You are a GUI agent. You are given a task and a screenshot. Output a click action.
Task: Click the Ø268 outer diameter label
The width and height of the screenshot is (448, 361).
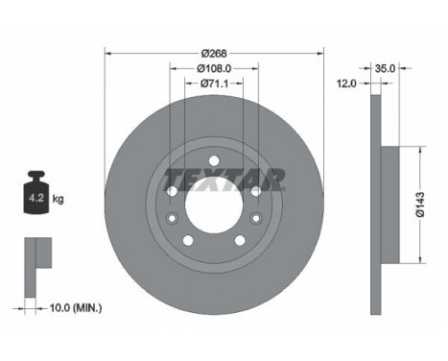214,53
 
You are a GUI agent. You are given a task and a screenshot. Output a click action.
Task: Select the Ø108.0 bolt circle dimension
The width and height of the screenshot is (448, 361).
214,68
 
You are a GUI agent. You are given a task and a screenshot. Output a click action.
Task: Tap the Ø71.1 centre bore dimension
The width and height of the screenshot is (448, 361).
214,84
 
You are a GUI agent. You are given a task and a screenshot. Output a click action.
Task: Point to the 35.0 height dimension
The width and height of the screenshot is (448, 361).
385,68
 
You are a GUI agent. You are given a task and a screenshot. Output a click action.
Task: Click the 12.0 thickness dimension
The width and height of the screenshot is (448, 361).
346,84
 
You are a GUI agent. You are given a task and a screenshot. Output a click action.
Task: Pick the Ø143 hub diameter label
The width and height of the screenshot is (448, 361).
420,205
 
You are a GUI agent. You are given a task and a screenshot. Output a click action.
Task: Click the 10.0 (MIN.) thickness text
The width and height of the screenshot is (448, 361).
76,308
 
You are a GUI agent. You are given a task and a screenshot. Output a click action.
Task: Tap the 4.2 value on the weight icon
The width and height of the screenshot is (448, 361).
36,198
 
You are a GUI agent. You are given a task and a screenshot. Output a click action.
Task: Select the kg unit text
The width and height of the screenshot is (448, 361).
58,199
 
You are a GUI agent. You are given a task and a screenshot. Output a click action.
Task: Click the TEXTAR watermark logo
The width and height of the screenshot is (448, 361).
224,180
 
